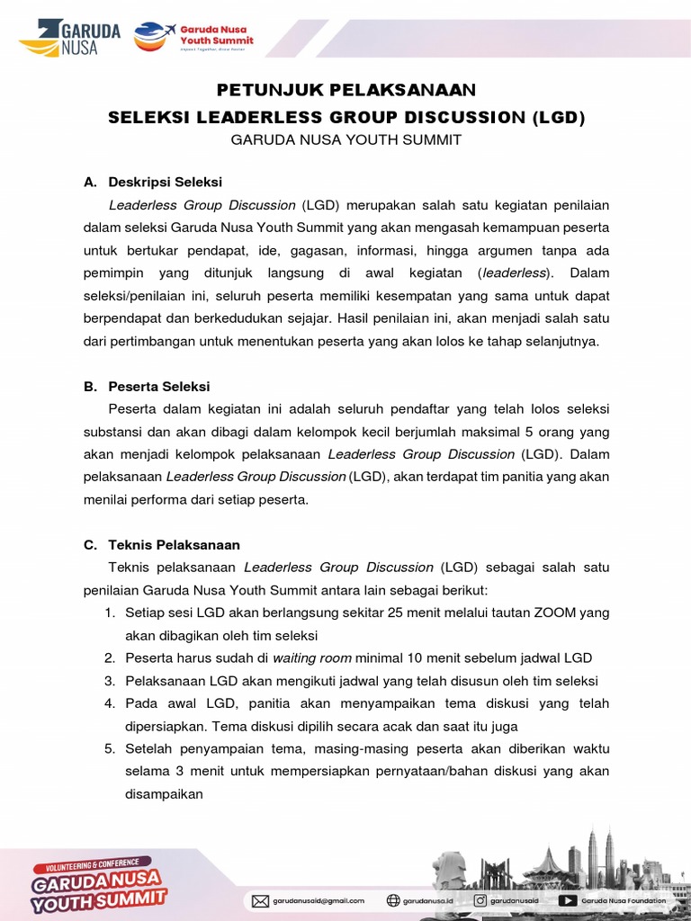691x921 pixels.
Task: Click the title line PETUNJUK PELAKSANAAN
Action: point(345,90)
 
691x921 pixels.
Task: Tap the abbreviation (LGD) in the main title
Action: point(558,117)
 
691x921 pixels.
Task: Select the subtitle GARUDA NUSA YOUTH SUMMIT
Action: point(345,139)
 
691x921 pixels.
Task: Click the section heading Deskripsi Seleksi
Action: point(166,182)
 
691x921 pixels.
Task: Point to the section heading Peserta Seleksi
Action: point(159,386)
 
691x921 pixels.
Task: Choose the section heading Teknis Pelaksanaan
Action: point(174,544)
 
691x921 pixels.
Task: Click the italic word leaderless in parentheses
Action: point(517,273)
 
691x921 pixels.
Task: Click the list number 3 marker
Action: point(109,681)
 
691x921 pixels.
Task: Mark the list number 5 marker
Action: point(109,748)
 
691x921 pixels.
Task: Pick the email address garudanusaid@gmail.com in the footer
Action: point(319,900)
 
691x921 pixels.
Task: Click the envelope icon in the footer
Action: point(260,900)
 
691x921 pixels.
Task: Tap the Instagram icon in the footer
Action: point(480,900)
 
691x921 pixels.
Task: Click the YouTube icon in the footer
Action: point(568,900)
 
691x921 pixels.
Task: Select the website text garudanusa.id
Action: point(428,900)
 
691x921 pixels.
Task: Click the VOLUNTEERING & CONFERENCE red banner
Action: point(93,865)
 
